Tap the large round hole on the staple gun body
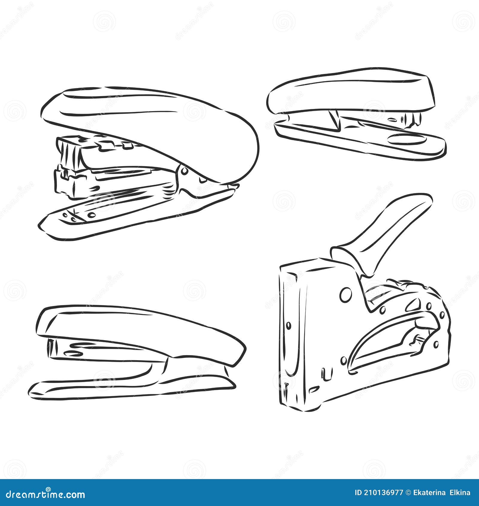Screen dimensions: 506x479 346,295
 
